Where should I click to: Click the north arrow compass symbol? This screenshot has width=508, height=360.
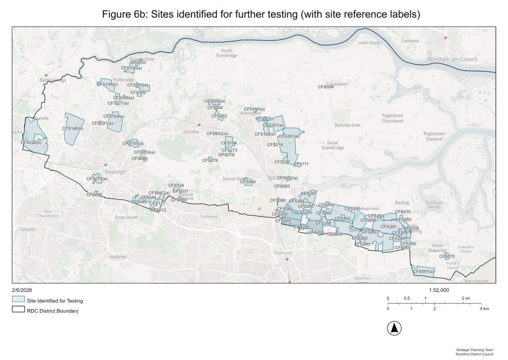(394, 329)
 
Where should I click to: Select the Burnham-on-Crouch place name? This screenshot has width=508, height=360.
(452, 59)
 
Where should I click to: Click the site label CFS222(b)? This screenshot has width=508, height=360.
(31, 142)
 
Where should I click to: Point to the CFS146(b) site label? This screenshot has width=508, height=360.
(73, 128)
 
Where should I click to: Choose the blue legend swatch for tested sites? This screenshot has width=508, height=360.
(18, 301)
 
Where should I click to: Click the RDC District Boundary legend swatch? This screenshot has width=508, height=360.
(18, 310)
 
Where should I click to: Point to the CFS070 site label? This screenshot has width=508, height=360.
(447, 257)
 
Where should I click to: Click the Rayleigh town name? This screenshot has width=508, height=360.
(116, 172)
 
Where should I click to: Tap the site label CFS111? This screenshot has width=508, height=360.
(301, 164)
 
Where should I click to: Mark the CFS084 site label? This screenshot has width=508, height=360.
(248, 182)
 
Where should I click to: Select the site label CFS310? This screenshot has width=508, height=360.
(403, 212)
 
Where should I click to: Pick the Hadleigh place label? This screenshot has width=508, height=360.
(118, 257)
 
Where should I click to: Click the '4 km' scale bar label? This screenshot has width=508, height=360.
(484, 309)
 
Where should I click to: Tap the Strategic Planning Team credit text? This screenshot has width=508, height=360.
(475, 350)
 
